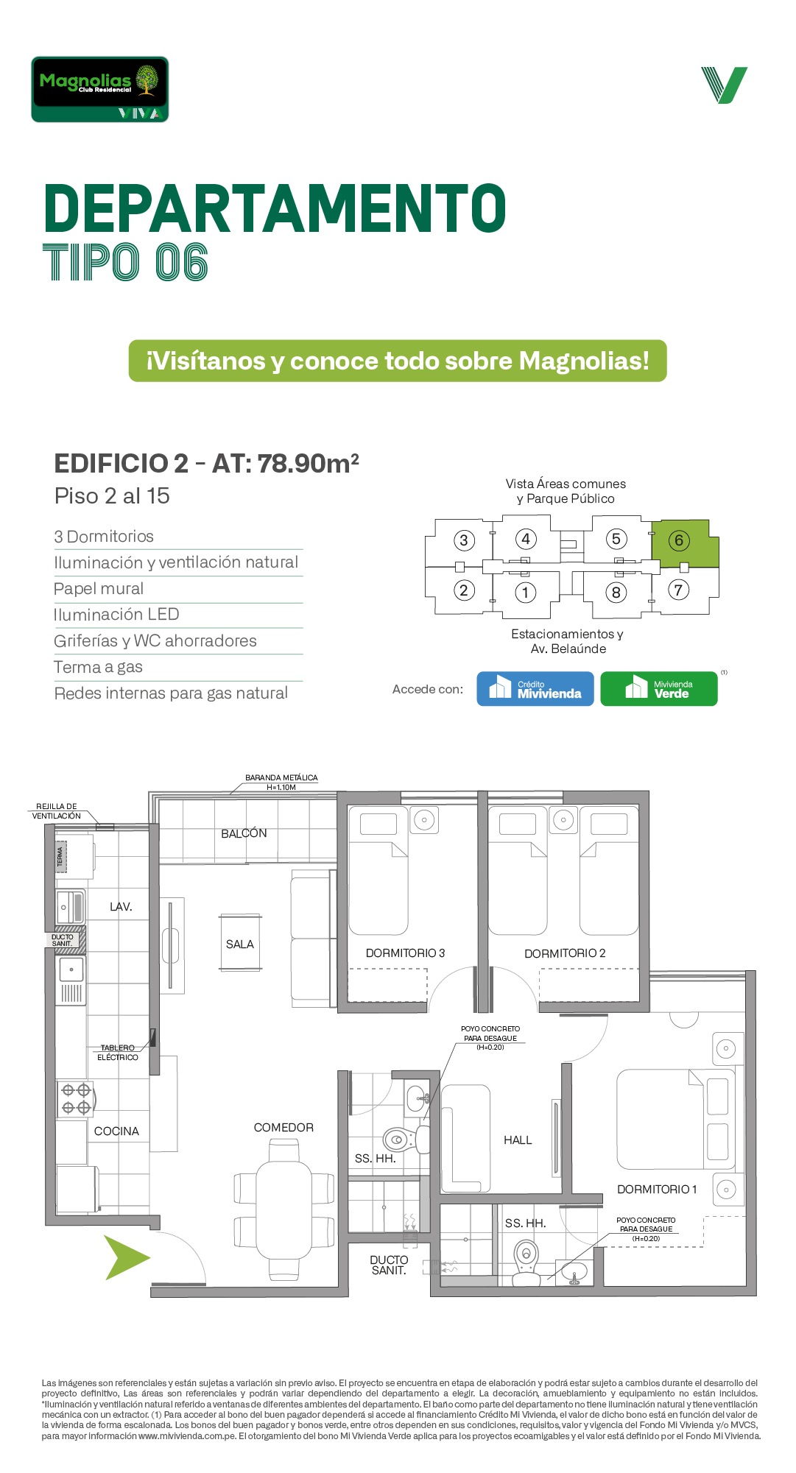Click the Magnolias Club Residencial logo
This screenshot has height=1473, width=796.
point(100,89)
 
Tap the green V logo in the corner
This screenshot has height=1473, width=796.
point(725,85)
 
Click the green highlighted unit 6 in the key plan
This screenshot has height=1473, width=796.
point(685,543)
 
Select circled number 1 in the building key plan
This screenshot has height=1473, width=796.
point(525,593)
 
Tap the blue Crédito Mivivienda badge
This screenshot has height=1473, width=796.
point(535,689)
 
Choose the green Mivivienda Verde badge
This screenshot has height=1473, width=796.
point(659,689)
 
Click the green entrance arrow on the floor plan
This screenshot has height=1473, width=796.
point(127,1257)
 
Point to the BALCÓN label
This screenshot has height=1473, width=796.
point(244,833)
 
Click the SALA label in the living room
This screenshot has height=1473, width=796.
point(240,944)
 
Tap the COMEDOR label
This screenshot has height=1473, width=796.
point(283,1128)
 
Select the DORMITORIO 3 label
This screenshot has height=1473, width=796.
point(405,953)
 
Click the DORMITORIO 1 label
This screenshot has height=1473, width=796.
point(657,1190)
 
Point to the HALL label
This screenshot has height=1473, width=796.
point(518,1140)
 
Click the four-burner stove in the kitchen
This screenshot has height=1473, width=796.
point(76,1099)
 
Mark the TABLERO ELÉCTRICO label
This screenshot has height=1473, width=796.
point(118,1053)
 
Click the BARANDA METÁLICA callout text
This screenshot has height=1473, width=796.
point(281,782)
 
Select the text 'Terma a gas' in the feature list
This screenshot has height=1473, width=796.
point(98,667)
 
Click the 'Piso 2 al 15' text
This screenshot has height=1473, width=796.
point(112,496)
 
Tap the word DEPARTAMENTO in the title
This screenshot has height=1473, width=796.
point(275,209)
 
